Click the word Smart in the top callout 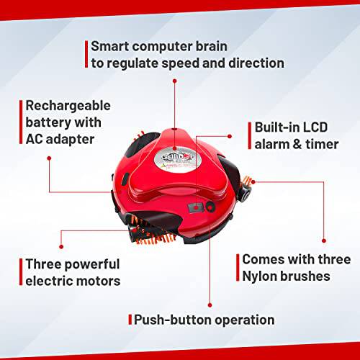(x=110, y=46)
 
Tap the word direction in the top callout (x=256, y=63)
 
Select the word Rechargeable (x=68, y=106)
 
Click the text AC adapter (x=60, y=140)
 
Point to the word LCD (x=315, y=127)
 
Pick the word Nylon (x=259, y=276)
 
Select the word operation (x=244, y=320)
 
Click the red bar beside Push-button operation (x=130, y=320)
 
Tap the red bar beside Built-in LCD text (x=250, y=135)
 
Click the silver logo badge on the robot (x=178, y=160)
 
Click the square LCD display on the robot (x=196, y=207)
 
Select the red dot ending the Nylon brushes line (x=324, y=240)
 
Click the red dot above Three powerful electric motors (x=61, y=246)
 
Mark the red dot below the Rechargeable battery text (x=49, y=158)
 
